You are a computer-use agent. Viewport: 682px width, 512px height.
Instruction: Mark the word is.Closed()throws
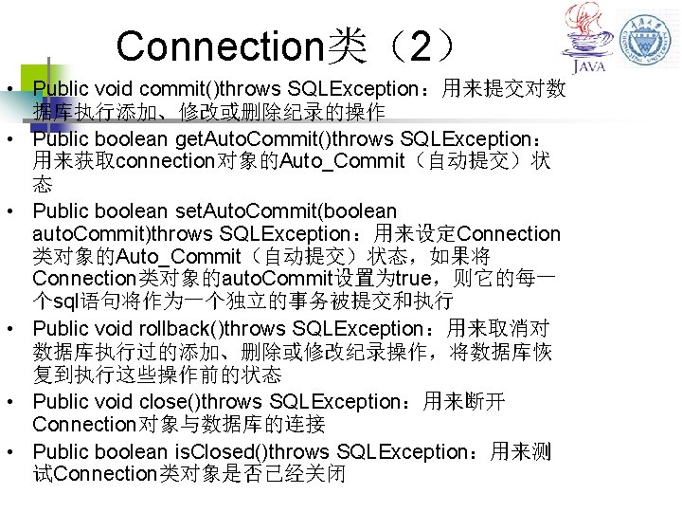(261, 451)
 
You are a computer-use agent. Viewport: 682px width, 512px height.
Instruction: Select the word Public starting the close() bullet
(63, 401)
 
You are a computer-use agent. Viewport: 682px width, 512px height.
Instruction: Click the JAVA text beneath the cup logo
(588, 68)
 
